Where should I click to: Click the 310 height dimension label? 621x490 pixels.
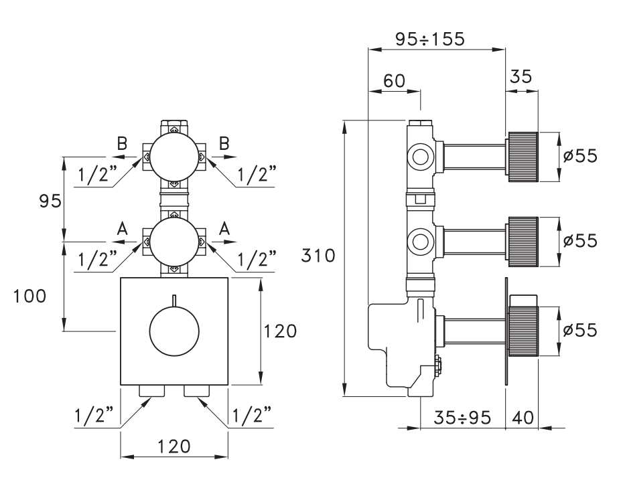(318, 256)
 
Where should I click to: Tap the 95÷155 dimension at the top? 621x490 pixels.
(430, 39)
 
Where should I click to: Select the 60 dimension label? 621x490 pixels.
(395, 81)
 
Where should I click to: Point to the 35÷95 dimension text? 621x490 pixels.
(462, 418)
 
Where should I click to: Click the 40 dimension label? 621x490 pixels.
(523, 418)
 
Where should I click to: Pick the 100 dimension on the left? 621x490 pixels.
(29, 296)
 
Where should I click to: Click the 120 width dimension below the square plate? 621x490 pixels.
(174, 447)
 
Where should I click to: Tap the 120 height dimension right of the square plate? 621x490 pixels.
(280, 331)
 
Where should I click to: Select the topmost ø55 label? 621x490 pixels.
(580, 156)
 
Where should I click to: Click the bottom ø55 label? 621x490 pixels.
(580, 330)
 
